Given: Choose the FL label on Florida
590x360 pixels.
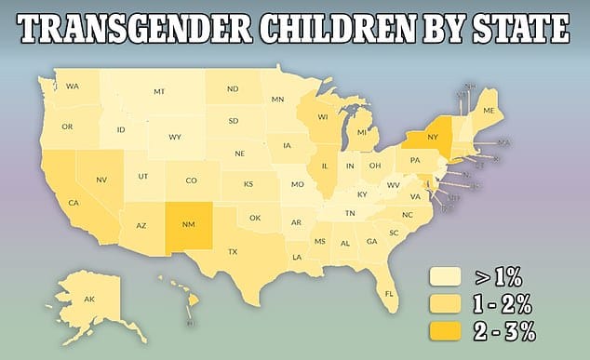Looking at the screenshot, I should [390, 292].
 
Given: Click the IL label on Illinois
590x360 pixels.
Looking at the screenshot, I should [326, 167].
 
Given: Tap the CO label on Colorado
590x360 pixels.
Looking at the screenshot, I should [190, 180].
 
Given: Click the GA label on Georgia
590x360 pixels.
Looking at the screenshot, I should [371, 241].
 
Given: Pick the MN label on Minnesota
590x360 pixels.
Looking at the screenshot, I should [277, 100].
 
